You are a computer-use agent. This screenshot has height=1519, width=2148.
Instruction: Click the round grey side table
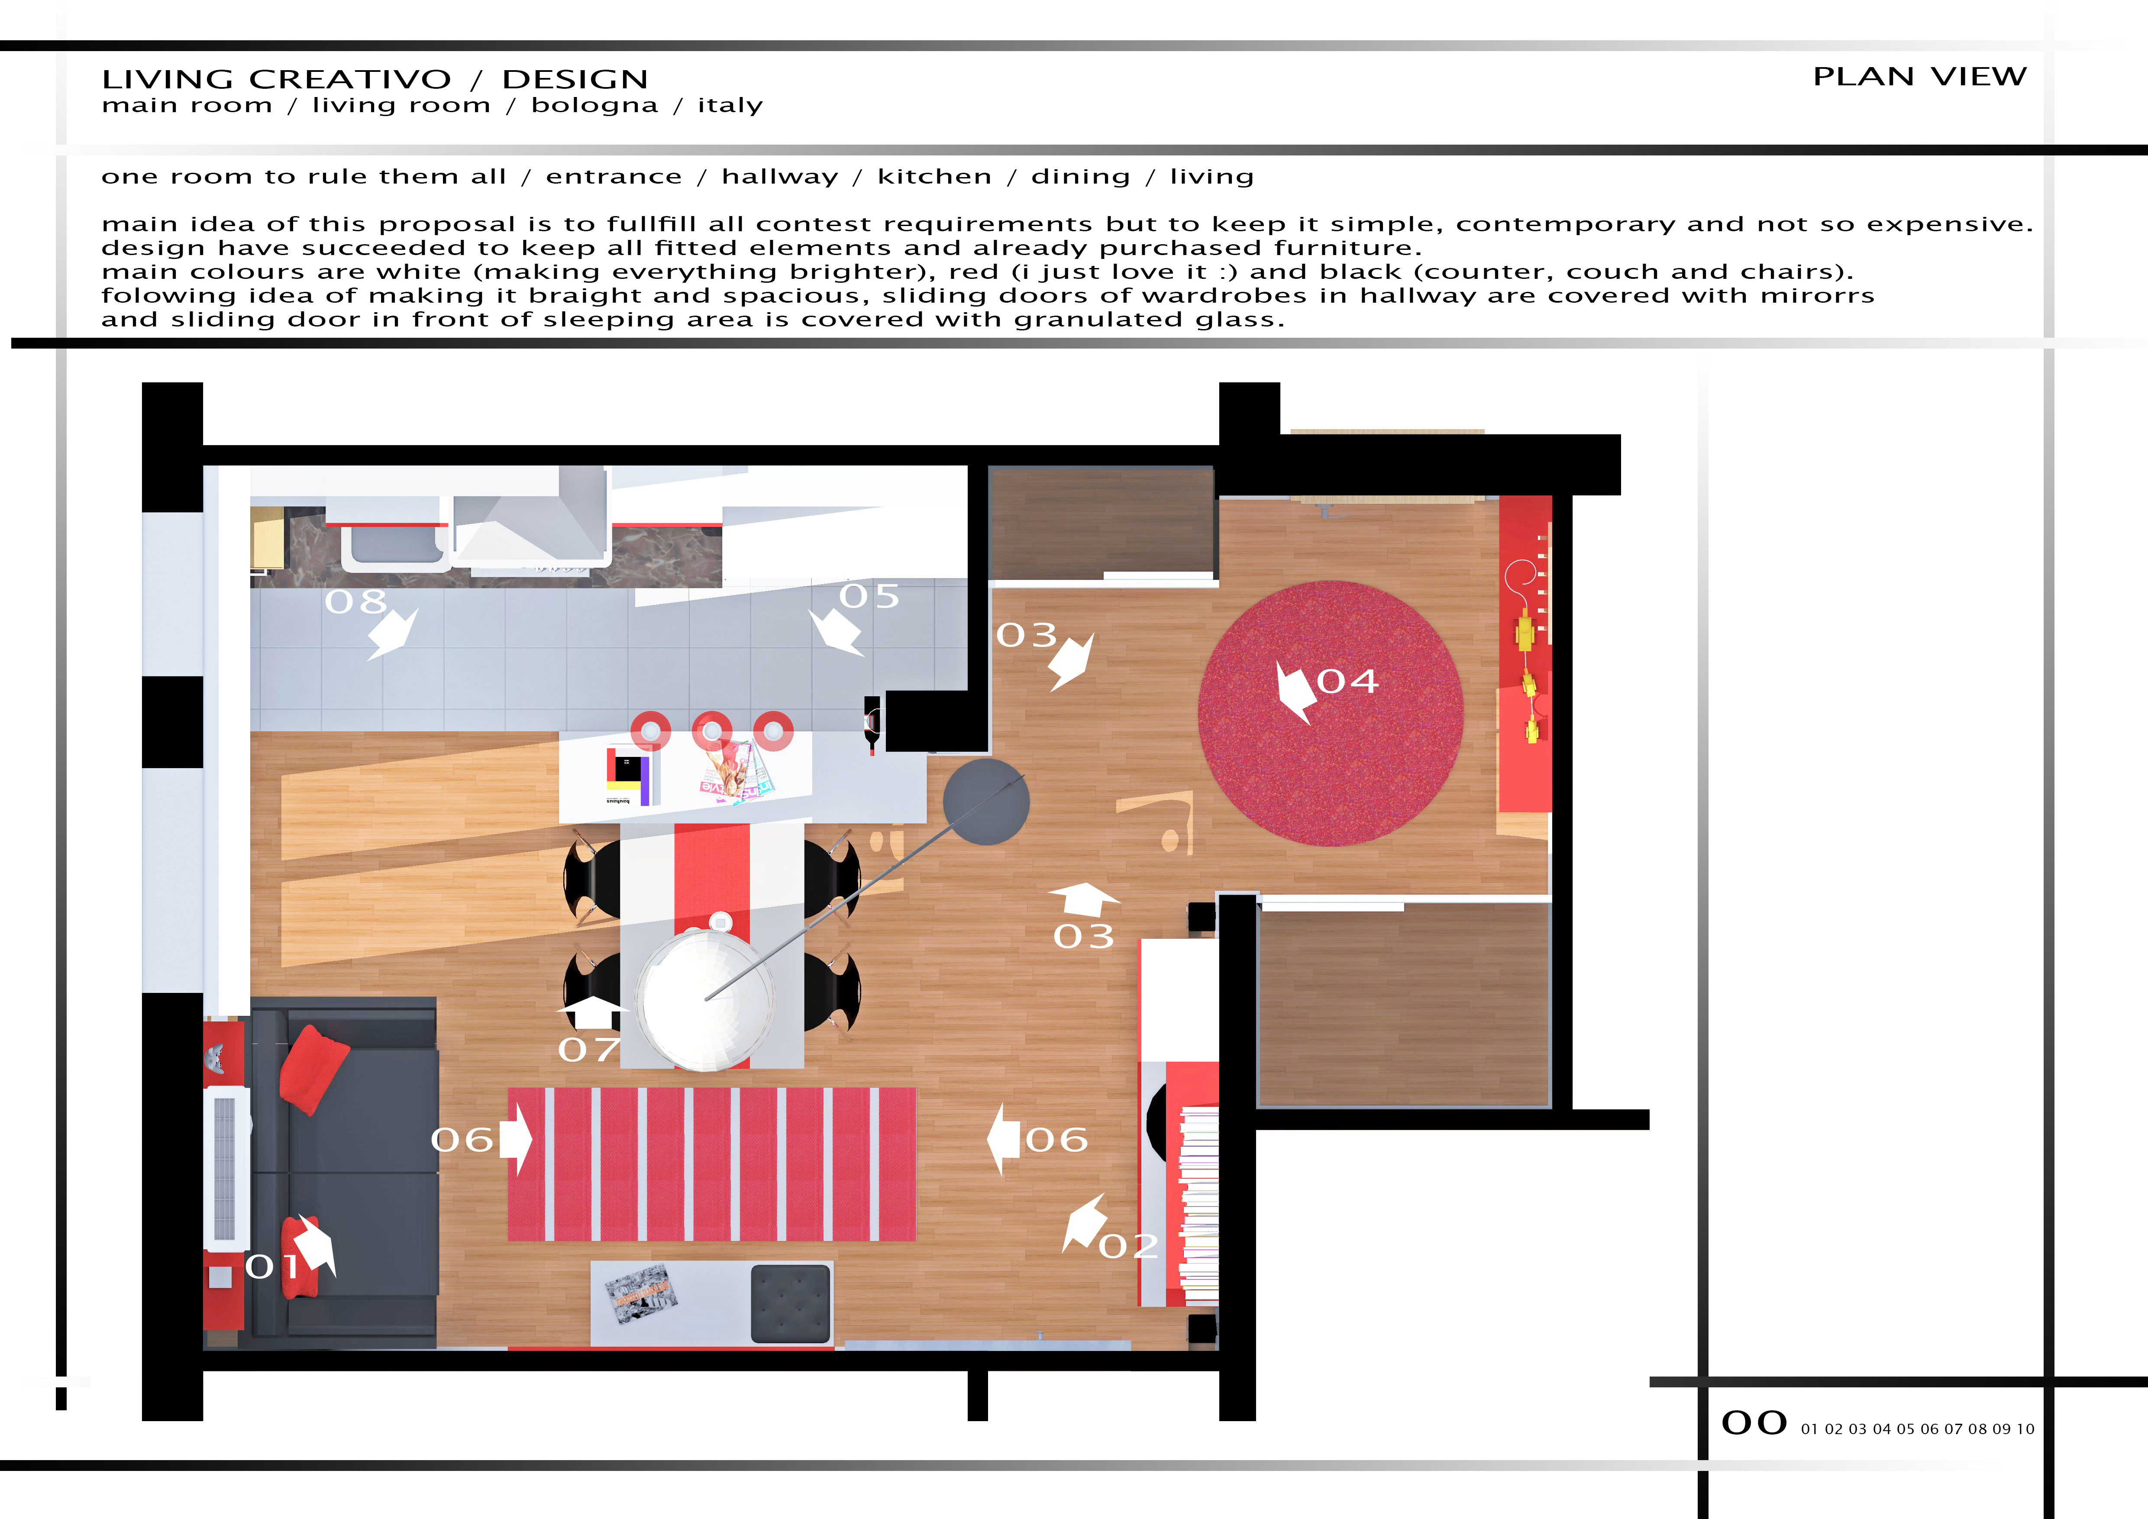coord(986,802)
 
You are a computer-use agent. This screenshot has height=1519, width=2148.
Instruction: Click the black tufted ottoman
coord(791,1304)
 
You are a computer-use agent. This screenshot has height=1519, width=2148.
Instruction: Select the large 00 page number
coord(1754,1423)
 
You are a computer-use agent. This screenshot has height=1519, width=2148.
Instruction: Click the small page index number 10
coord(2025,1429)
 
